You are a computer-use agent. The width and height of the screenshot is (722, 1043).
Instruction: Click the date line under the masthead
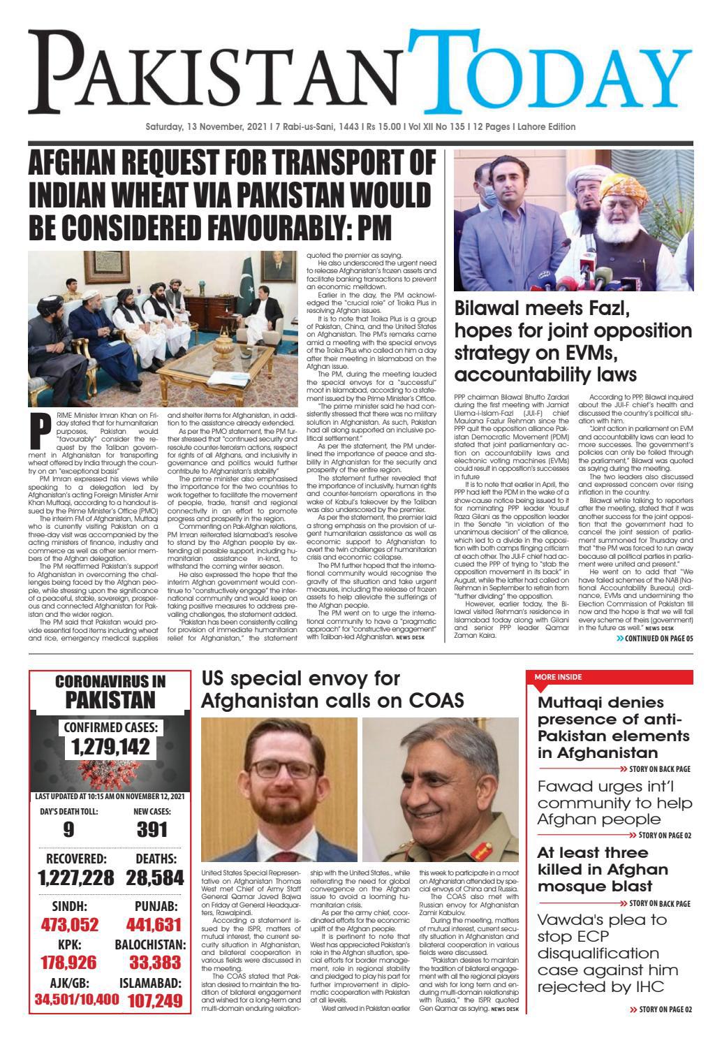tap(360, 127)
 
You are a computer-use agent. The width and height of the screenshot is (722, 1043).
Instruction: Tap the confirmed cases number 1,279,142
tap(110, 747)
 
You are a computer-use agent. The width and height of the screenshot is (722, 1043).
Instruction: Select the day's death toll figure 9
tap(68, 829)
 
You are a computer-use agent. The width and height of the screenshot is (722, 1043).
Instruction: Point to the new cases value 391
tap(152, 829)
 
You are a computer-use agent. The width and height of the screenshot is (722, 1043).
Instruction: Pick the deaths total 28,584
tap(155, 878)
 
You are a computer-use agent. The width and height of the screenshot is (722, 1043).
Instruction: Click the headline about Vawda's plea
tap(607, 953)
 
